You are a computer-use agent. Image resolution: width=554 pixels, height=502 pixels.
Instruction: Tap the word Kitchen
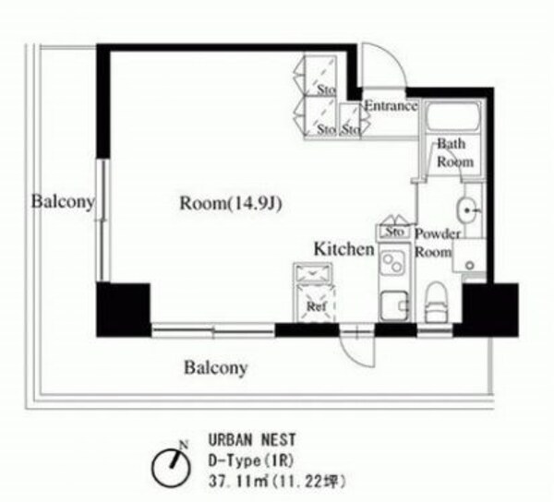coord(343,249)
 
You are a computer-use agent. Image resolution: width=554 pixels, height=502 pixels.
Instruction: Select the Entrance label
coord(390,106)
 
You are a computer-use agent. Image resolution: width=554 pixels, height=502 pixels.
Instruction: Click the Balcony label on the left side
coord(61,201)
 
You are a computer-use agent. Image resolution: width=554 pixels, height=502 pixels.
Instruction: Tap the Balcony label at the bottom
coord(215,368)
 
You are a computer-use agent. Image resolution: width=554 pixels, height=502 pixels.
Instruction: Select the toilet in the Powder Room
coord(434,304)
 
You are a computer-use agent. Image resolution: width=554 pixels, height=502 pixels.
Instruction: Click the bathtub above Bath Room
coord(452,117)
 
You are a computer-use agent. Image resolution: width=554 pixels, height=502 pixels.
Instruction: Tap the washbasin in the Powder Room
coord(469,211)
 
